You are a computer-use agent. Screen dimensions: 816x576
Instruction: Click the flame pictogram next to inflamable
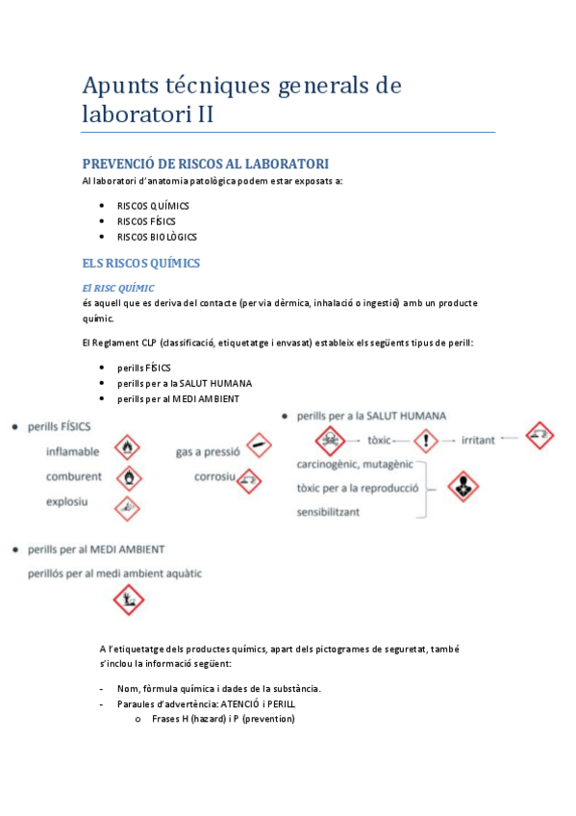point(127,447)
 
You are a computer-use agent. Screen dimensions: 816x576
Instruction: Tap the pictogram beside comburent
point(127,476)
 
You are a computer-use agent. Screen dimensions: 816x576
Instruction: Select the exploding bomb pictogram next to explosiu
point(127,506)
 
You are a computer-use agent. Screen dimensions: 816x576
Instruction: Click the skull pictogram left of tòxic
point(331,441)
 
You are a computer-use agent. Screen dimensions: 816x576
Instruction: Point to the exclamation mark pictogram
point(424,440)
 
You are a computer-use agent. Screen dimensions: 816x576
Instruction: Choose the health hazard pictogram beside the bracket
point(465,487)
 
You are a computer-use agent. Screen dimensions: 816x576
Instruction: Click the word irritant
point(478,440)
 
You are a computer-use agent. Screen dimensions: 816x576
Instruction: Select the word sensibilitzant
point(329,512)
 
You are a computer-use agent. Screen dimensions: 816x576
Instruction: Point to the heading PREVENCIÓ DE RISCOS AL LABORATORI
point(206,164)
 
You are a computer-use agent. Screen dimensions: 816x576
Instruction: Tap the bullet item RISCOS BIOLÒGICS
point(157,237)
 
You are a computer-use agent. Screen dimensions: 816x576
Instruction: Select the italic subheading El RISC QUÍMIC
point(118,288)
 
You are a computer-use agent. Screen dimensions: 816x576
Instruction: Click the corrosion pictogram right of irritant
point(541,436)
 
